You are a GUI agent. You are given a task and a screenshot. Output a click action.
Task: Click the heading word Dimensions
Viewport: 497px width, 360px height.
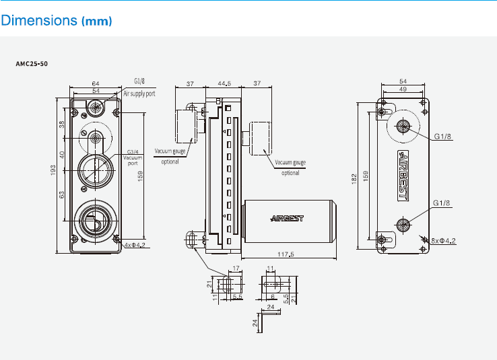[x=39, y=21]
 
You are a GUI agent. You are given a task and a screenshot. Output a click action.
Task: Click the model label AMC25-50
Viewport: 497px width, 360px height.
[x=32, y=64]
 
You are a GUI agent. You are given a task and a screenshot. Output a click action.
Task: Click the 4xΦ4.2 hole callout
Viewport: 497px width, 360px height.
[x=135, y=245]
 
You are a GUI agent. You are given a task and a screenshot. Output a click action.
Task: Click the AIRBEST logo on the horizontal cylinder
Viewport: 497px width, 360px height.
[x=288, y=218]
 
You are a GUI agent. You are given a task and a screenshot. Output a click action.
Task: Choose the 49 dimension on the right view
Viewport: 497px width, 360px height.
[x=402, y=89]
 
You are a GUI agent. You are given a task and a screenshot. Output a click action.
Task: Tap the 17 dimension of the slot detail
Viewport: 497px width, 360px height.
[x=235, y=268]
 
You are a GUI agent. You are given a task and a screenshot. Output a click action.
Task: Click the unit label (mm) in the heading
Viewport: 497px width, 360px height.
[x=96, y=22]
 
